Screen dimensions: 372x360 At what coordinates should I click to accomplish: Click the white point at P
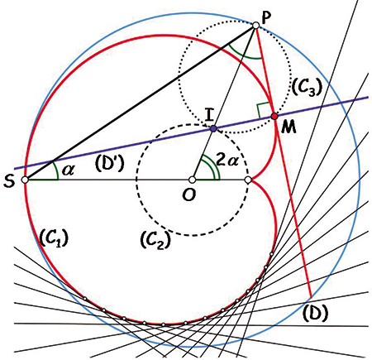pyautogui.click(x=255, y=26)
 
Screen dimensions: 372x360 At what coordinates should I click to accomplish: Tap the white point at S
pyautogui.click(x=25, y=180)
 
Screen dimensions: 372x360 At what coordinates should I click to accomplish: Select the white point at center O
pyautogui.click(x=193, y=180)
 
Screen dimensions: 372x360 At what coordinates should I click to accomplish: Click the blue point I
pyautogui.click(x=213, y=128)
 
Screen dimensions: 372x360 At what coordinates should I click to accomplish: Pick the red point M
pyautogui.click(x=274, y=116)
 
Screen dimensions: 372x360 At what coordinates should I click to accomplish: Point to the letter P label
pyautogui.click(x=266, y=18)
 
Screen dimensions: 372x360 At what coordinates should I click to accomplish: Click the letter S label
pyautogui.click(x=9, y=181)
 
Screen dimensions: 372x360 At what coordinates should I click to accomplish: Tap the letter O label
pyautogui.click(x=189, y=195)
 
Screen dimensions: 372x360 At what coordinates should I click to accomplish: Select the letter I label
pyautogui.click(x=209, y=115)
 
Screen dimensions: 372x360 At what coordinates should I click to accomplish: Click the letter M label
pyautogui.click(x=289, y=127)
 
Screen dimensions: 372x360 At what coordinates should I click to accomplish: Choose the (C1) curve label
pyautogui.click(x=54, y=238)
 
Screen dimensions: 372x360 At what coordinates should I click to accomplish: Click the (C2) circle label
pyautogui.click(x=155, y=240)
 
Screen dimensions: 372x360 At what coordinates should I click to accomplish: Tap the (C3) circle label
pyautogui.click(x=307, y=88)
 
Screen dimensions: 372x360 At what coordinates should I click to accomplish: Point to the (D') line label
pyautogui.click(x=110, y=163)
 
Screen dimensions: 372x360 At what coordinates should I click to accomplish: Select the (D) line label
pyautogui.click(x=316, y=313)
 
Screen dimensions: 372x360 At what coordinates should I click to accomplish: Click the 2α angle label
pyautogui.click(x=227, y=160)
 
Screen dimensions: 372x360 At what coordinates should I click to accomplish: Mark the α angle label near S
pyautogui.click(x=68, y=170)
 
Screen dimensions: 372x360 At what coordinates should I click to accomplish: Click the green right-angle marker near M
pyautogui.click(x=263, y=110)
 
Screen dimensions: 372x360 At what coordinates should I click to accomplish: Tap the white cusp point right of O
pyautogui.click(x=248, y=180)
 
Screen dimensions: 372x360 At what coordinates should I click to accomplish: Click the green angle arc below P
pyautogui.click(x=243, y=56)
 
